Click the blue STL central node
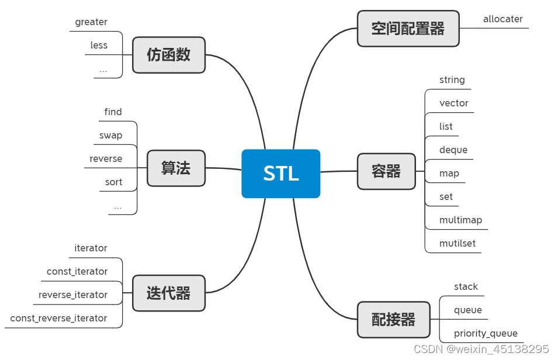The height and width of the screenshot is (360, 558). pyautogui.click(x=280, y=174)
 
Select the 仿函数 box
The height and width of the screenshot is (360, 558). pyautogui.click(x=168, y=55)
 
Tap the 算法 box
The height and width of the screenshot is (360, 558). pyautogui.click(x=176, y=168)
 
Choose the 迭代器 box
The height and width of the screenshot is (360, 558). pyautogui.click(x=168, y=293)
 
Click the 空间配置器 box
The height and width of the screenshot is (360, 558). pyautogui.click(x=408, y=28)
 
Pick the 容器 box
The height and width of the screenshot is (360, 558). pyautogui.click(x=386, y=171)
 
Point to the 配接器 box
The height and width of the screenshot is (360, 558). pyautogui.click(x=393, y=320)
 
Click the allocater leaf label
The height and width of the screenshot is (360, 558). pyautogui.click(x=502, y=19)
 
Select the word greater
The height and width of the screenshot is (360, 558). pyautogui.click(x=91, y=22)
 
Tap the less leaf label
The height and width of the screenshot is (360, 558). pyautogui.click(x=99, y=45)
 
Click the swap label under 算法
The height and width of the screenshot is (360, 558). pyautogui.click(x=110, y=135)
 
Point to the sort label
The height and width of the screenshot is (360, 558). pyautogui.click(x=113, y=182)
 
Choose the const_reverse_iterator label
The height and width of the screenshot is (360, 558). pyautogui.click(x=58, y=318)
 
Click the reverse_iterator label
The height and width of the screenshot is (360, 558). pyautogui.click(x=73, y=295)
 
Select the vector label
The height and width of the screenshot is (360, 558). pyautogui.click(x=453, y=103)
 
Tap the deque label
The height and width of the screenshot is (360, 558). pyautogui.click(x=453, y=150)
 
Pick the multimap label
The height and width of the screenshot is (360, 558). pyautogui.click(x=460, y=220)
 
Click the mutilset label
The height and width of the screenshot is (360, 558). pyautogui.click(x=458, y=243)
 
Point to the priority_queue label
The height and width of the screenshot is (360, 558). pyautogui.click(x=486, y=333)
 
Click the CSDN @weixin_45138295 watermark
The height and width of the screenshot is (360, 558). pyautogui.click(x=481, y=349)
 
